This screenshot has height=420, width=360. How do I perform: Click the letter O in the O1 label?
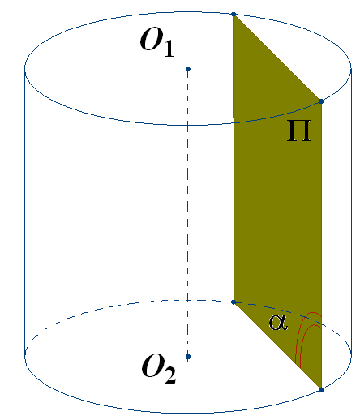(152, 40)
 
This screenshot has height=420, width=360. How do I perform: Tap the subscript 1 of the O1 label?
(169, 49)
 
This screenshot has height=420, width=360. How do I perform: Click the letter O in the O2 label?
(153, 366)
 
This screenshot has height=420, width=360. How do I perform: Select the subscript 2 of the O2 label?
(170, 375)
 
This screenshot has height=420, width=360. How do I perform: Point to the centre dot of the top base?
(188, 69)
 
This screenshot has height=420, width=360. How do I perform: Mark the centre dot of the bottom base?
(188, 357)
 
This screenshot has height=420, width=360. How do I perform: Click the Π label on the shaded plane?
(299, 131)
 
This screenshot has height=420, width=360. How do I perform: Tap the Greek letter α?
(278, 323)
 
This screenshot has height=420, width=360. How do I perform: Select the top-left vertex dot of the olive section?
(234, 14)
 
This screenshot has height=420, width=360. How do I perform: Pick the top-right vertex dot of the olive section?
(321, 101)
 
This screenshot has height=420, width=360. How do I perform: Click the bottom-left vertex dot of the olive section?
(234, 302)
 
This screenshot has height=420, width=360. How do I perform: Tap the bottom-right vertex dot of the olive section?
(321, 389)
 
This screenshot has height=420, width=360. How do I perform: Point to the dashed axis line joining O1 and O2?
(188, 213)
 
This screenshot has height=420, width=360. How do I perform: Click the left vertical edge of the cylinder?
(25, 211)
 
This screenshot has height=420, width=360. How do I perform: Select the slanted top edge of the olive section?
(277, 58)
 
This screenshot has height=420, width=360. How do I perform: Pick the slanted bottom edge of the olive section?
(277, 346)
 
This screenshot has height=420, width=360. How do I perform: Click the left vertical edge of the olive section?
(234, 158)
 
